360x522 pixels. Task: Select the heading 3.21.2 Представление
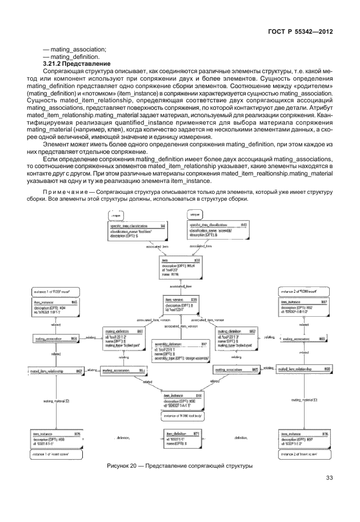77,63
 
